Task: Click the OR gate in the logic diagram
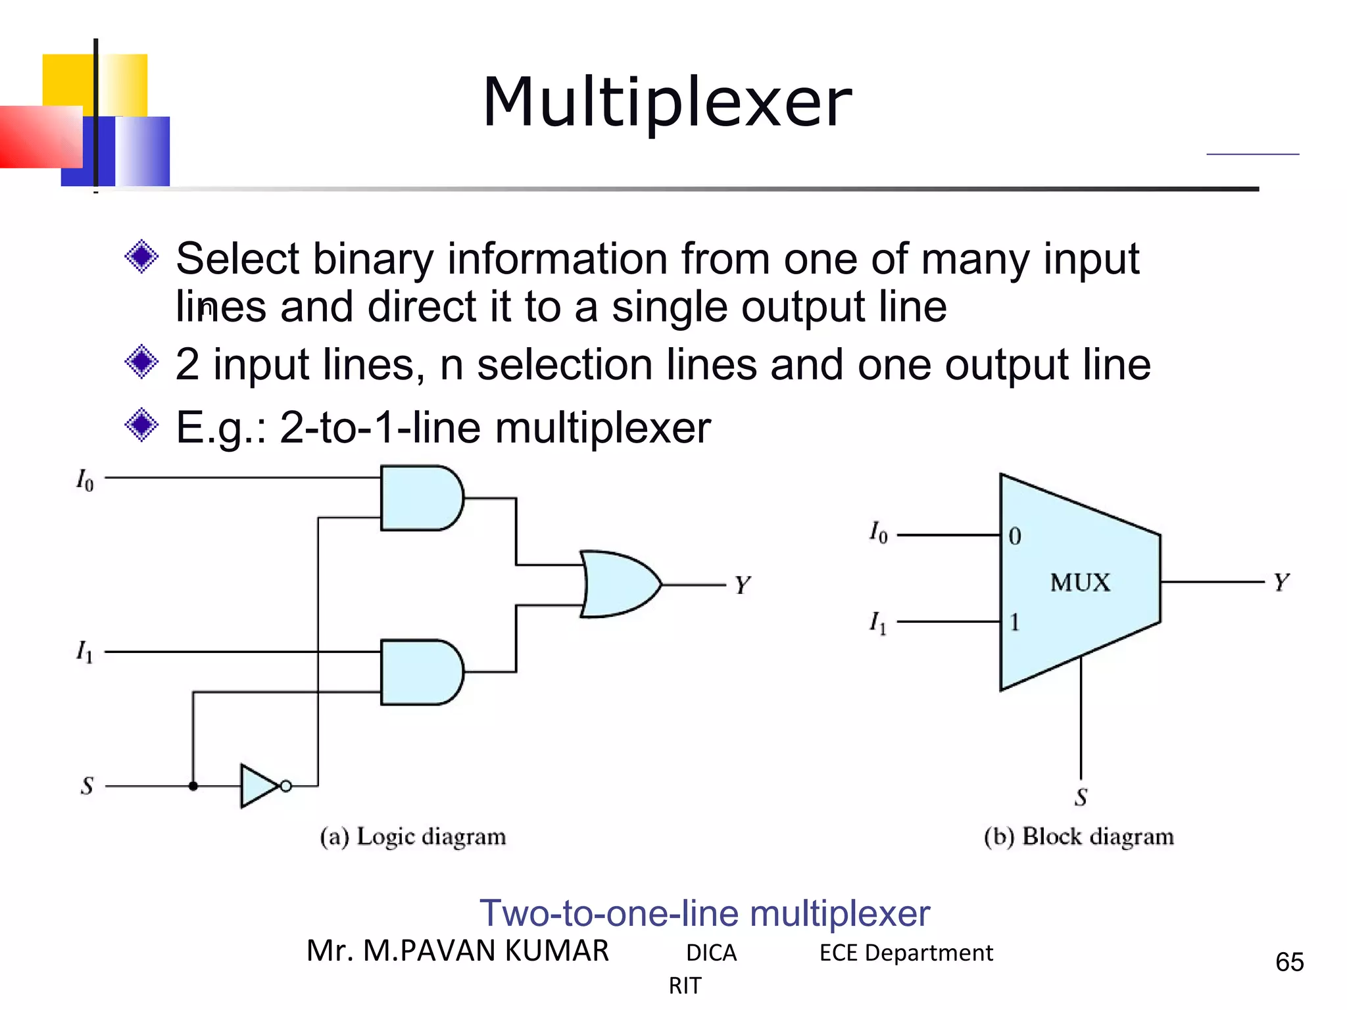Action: tap(618, 584)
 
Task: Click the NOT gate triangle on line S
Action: tap(259, 786)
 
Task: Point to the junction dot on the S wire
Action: tap(193, 786)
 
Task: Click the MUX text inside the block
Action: tap(1079, 583)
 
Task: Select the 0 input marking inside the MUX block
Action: tap(1015, 537)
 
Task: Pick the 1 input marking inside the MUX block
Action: tap(1015, 622)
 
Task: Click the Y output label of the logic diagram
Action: tap(743, 585)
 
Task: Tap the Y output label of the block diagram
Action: tap(1281, 583)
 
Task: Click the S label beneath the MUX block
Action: tap(1081, 798)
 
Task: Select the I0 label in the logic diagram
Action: tap(85, 480)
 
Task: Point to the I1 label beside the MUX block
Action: tap(878, 622)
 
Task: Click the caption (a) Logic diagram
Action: tap(413, 837)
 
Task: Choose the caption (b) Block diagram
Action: tap(1079, 837)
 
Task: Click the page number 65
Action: tap(1289, 962)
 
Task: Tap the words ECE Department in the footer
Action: tap(906, 953)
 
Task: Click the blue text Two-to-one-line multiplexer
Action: tap(704, 913)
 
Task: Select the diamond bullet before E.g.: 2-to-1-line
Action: tap(141, 425)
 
